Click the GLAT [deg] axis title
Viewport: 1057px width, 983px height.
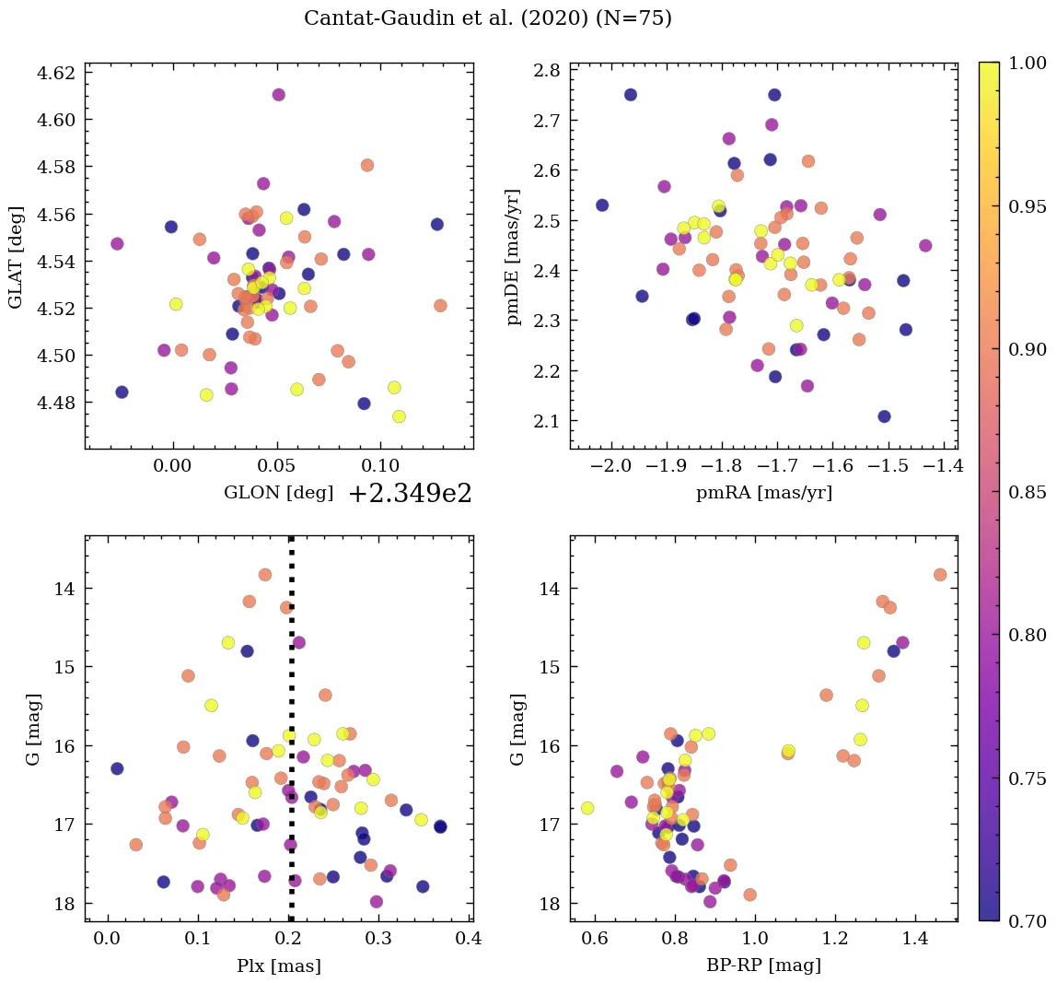[x=16, y=255]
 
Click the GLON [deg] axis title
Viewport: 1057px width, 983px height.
[x=278, y=493]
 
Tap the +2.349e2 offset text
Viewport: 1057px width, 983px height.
[x=410, y=494]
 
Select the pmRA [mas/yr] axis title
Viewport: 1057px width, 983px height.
[x=764, y=493]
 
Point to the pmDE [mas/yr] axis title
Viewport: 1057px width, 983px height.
[x=514, y=255]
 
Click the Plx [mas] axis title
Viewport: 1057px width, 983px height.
[x=278, y=965]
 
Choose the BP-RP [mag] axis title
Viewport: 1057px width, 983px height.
[x=764, y=965]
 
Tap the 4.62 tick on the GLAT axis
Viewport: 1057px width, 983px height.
[x=56, y=73]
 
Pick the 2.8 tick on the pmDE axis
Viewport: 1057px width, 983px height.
[x=550, y=70]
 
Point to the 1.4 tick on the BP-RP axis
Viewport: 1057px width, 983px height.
[x=914, y=940]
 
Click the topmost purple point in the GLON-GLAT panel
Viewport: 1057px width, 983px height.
[x=278, y=95]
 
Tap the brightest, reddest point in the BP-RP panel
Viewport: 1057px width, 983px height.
[x=940, y=575]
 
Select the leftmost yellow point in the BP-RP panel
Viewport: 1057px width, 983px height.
[x=587, y=808]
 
